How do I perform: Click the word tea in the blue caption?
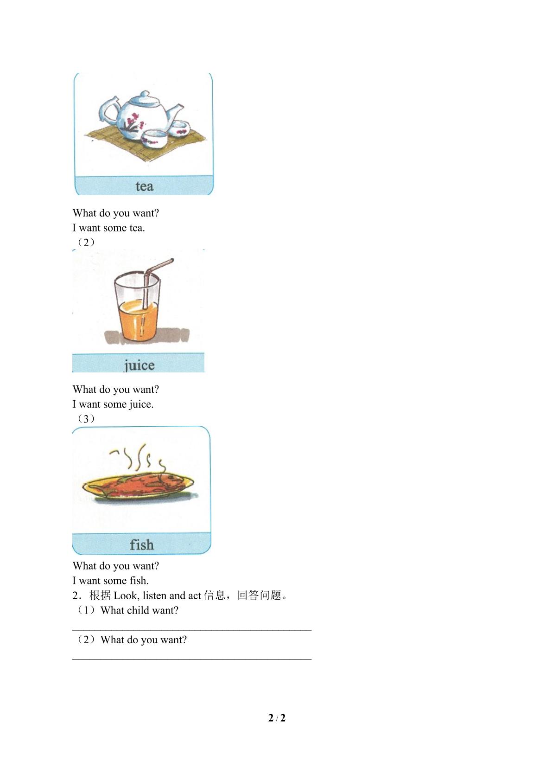(x=144, y=186)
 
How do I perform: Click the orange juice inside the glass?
(x=138, y=321)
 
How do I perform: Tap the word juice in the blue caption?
(x=139, y=365)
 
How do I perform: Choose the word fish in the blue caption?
(x=141, y=544)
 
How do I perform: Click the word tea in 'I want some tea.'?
(x=137, y=228)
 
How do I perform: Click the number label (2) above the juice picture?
(x=86, y=242)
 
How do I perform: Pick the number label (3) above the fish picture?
(x=86, y=419)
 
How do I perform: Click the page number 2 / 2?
(x=277, y=718)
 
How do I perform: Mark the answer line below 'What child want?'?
(x=192, y=630)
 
